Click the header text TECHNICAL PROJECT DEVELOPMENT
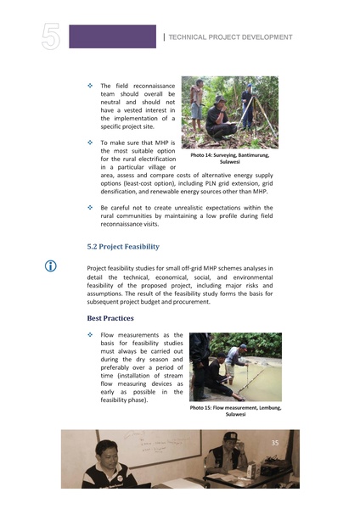click(x=231, y=37)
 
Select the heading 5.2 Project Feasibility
click(x=123, y=247)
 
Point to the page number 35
click(x=274, y=443)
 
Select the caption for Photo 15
click(x=234, y=411)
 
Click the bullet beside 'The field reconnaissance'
click(x=91, y=87)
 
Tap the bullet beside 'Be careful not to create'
click(x=91, y=208)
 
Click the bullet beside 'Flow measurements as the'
click(x=91, y=337)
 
